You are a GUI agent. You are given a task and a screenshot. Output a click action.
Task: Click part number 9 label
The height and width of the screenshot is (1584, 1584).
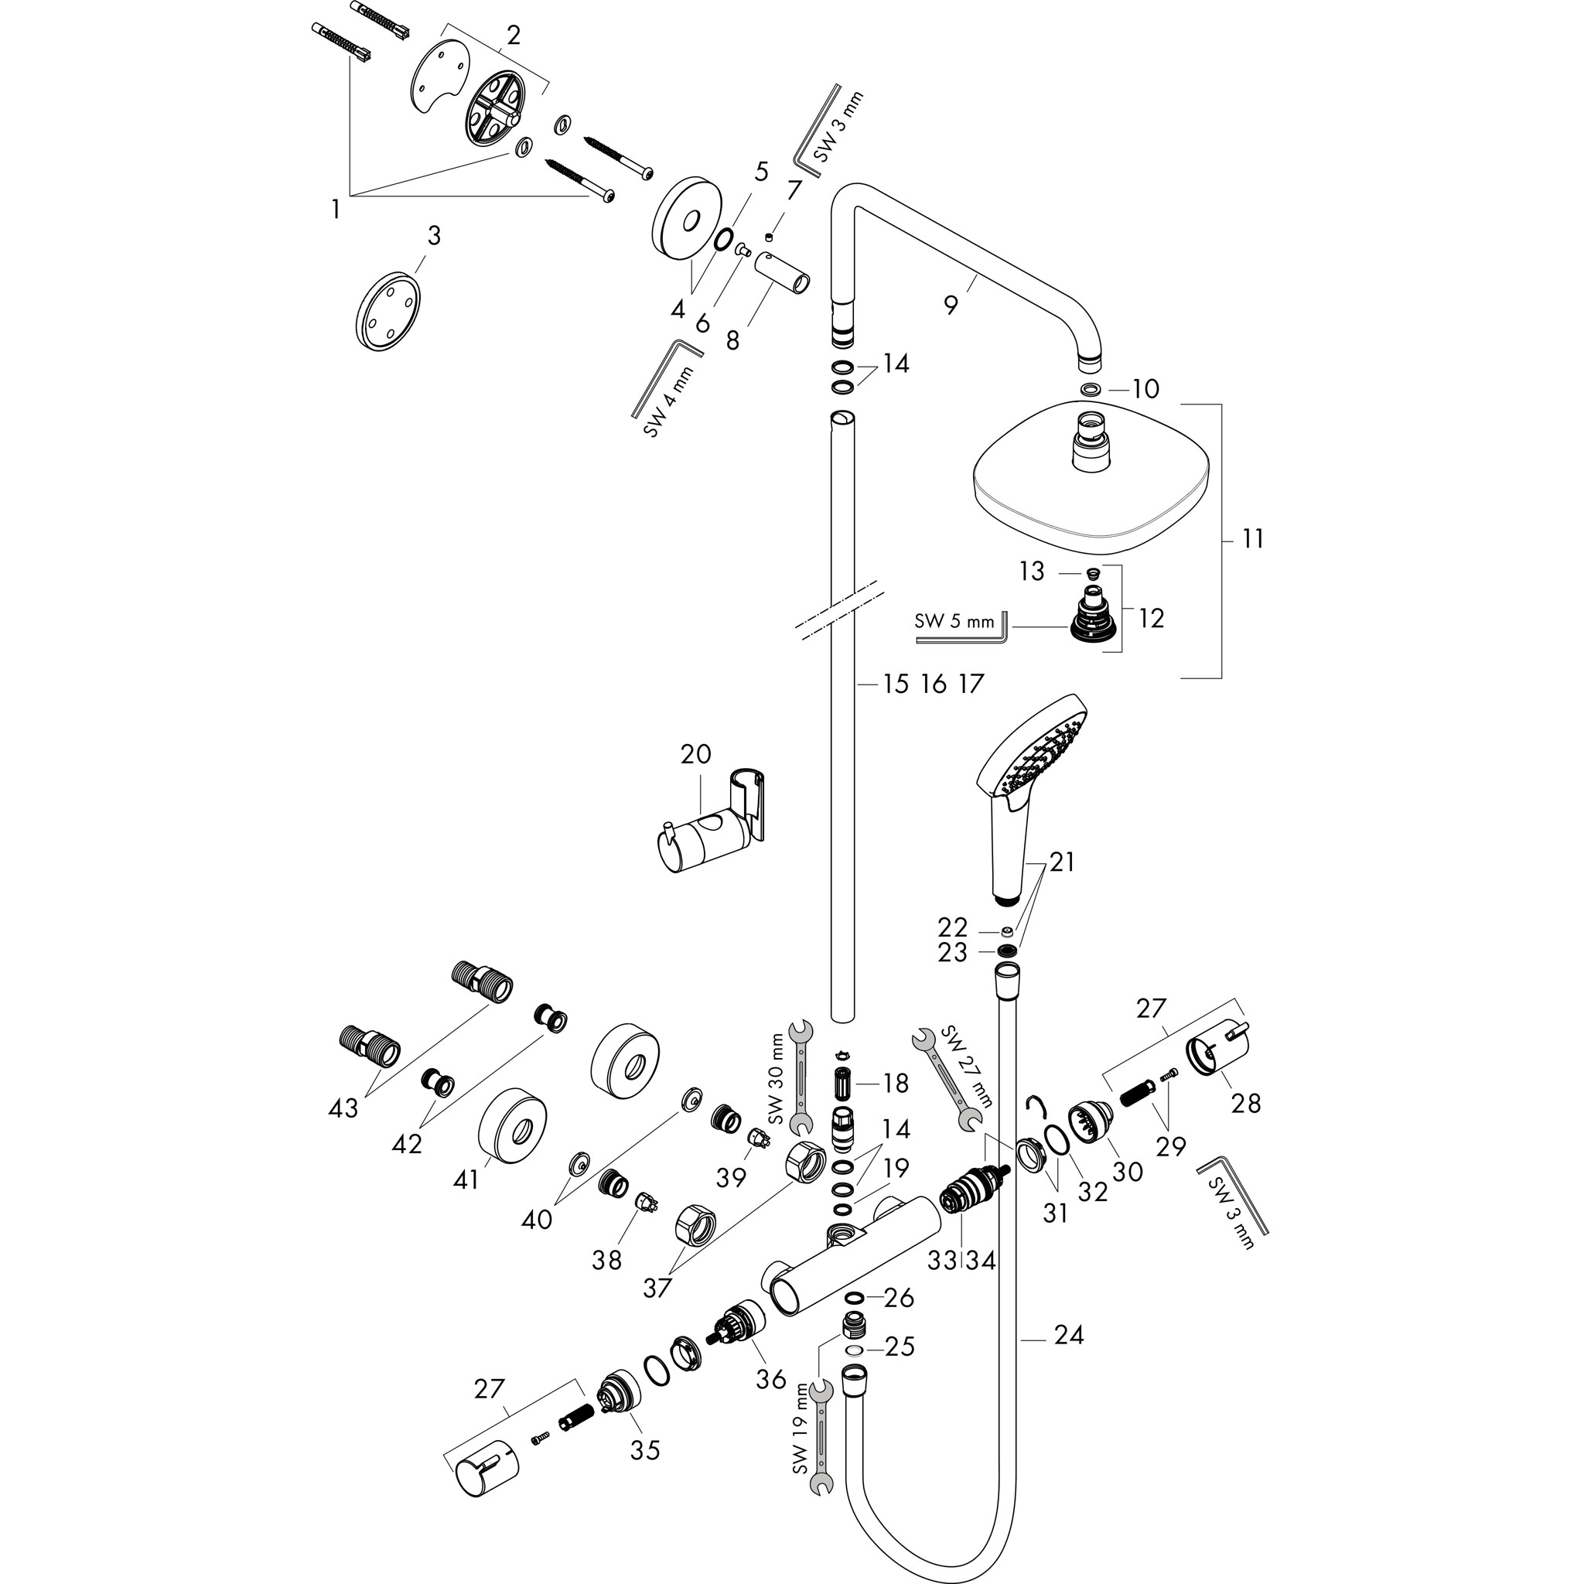(x=951, y=305)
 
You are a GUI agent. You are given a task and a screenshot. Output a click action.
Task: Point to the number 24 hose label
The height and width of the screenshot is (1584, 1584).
(x=1069, y=1335)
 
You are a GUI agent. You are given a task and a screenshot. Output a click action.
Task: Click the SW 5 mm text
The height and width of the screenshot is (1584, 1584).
(x=954, y=620)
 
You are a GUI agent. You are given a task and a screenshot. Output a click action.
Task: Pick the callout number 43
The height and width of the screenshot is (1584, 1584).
(x=343, y=1108)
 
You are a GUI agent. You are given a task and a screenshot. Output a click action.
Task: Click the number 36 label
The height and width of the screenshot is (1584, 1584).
(x=770, y=1379)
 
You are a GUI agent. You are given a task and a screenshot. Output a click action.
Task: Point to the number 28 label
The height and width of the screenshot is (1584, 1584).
(x=1245, y=1104)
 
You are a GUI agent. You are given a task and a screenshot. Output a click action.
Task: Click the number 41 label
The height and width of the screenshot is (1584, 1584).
(x=466, y=1179)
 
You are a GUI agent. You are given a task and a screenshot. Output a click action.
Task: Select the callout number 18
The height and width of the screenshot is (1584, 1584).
(x=896, y=1083)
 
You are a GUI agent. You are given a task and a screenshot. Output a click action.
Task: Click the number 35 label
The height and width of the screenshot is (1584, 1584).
(x=645, y=1449)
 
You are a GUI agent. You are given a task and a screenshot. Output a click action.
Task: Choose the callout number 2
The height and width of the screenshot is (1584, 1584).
(x=514, y=36)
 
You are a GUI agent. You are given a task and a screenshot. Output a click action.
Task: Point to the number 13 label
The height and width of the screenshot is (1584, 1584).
(x=1033, y=571)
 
